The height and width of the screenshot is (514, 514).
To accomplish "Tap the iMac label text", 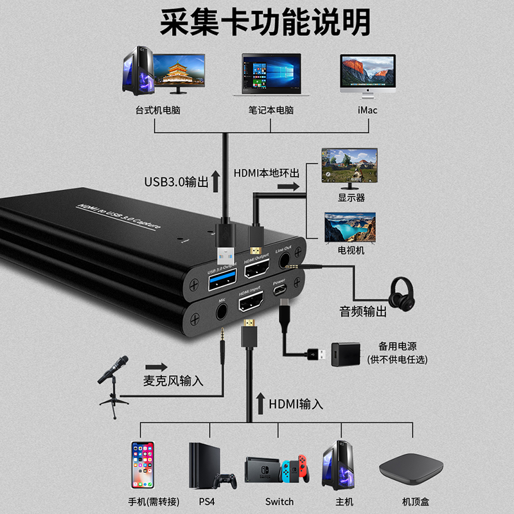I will tap(367, 110).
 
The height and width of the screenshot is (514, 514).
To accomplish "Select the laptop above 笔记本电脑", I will tap(270, 75).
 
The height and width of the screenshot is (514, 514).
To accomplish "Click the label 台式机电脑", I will tap(158, 110).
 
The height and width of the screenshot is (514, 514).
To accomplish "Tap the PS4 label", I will tap(206, 501).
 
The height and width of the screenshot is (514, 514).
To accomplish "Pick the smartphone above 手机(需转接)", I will tap(143, 465).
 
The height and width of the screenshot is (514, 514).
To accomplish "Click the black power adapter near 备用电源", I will tap(344, 354).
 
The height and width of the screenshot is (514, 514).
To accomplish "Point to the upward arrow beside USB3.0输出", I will tap(216, 182).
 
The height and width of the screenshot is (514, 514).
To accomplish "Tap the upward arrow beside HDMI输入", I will tap(261, 403).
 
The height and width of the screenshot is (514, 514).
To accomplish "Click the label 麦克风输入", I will tap(173, 380).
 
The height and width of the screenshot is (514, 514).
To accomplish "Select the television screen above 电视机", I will tap(350, 227).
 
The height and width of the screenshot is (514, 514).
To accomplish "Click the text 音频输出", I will tap(363, 312).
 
